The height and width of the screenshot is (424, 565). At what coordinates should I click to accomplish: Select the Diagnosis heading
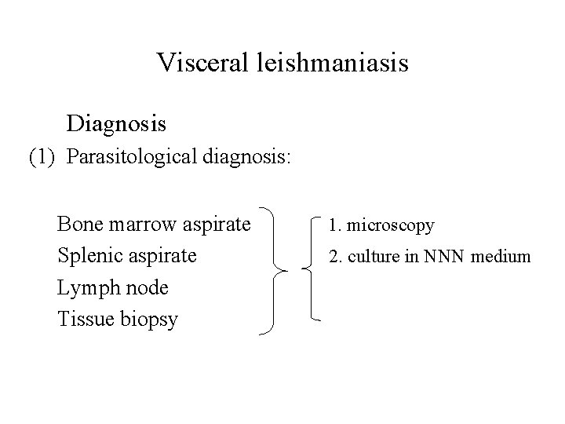coord(116,123)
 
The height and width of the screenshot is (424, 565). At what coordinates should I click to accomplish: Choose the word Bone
coord(80,225)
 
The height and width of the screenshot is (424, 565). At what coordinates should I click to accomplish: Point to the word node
coord(145,288)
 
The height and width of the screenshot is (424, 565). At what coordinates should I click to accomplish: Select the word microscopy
coord(390,226)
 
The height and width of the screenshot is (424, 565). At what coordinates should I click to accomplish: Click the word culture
coord(379,257)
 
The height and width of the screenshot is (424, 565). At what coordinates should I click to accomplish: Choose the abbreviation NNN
coord(446,257)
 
